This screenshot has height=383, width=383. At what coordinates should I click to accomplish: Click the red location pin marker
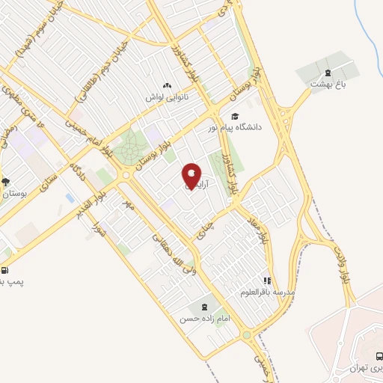191,177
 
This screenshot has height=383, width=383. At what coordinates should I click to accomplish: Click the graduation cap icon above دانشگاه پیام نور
236,116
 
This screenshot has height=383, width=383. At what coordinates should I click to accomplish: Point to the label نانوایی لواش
167,96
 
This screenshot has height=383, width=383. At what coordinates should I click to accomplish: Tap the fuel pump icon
6,271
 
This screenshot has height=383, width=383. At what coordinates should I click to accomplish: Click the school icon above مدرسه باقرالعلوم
266,281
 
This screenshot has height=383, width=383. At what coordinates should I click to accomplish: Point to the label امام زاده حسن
199,319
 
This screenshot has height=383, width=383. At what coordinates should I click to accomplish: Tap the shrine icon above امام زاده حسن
200,307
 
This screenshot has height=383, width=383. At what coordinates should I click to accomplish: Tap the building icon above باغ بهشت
326,73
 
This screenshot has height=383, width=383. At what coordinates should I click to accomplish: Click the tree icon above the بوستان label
6,182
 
